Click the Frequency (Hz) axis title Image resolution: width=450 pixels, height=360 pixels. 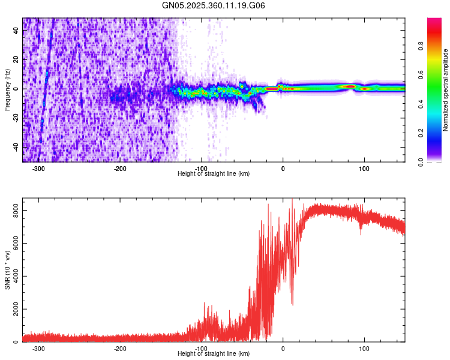(7, 90)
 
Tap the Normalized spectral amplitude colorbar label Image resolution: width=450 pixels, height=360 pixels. (446, 90)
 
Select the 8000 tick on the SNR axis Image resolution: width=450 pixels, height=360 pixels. (13, 209)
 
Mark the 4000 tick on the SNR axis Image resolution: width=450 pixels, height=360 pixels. (13, 276)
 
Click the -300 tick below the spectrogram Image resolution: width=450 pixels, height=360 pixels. (38, 169)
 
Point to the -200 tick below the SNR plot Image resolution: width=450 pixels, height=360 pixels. (120, 349)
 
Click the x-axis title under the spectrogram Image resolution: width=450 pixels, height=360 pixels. (214, 174)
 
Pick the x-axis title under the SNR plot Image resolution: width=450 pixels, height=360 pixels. (214, 354)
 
